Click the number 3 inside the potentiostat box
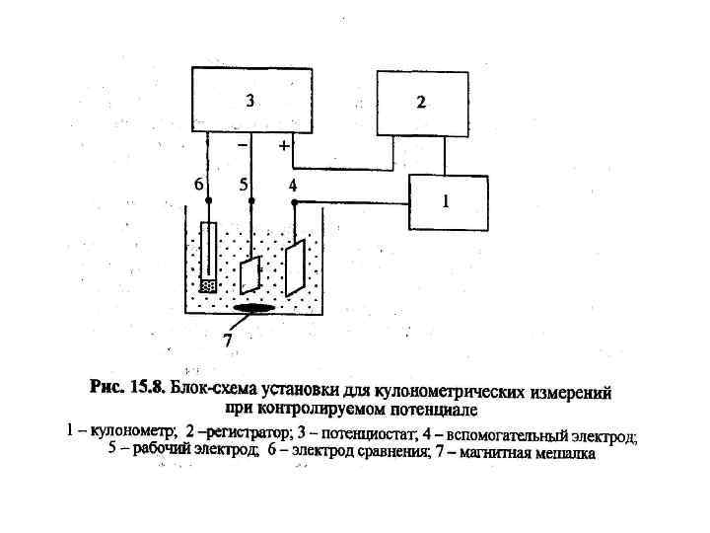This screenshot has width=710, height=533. pyautogui.click(x=250, y=100)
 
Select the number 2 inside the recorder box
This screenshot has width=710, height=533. pyautogui.click(x=421, y=103)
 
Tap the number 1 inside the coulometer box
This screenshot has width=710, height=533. pyautogui.click(x=445, y=200)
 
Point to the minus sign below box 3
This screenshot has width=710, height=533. pyautogui.click(x=243, y=146)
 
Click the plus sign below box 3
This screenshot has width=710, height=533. pyautogui.click(x=284, y=145)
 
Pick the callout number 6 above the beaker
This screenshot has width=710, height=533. pyautogui.click(x=198, y=185)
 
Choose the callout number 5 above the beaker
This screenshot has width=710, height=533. pyautogui.click(x=243, y=185)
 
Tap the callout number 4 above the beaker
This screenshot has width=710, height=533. pyautogui.click(x=292, y=185)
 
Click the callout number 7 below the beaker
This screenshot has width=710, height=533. pyautogui.click(x=227, y=339)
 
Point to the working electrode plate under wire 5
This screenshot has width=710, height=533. pyautogui.click(x=251, y=274)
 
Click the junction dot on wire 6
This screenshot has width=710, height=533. pyautogui.click(x=208, y=200)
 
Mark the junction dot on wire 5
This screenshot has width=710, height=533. pyautogui.click(x=251, y=200)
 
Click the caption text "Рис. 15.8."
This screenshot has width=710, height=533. pyautogui.click(x=127, y=388)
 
